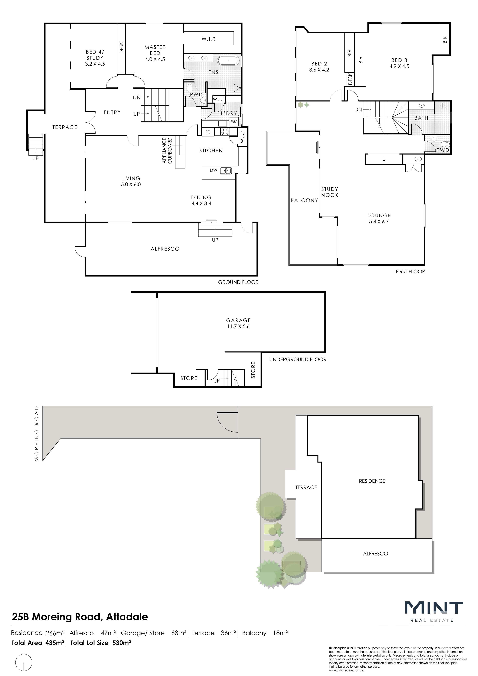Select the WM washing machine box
[234, 121]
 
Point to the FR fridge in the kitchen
[208, 132]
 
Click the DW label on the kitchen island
[214, 170]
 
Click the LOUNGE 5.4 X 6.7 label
[379, 218]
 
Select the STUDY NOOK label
[330, 192]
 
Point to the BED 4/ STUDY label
[95, 58]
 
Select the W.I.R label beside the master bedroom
[209, 39]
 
